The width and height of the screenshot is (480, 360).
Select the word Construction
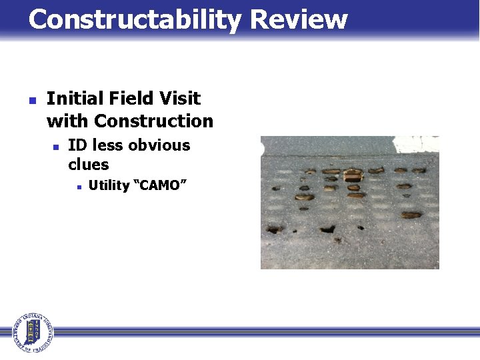click(x=153, y=121)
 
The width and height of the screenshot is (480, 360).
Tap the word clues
click(x=88, y=164)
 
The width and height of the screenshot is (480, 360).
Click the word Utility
click(x=109, y=185)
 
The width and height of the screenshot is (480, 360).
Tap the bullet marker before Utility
click(x=78, y=187)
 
